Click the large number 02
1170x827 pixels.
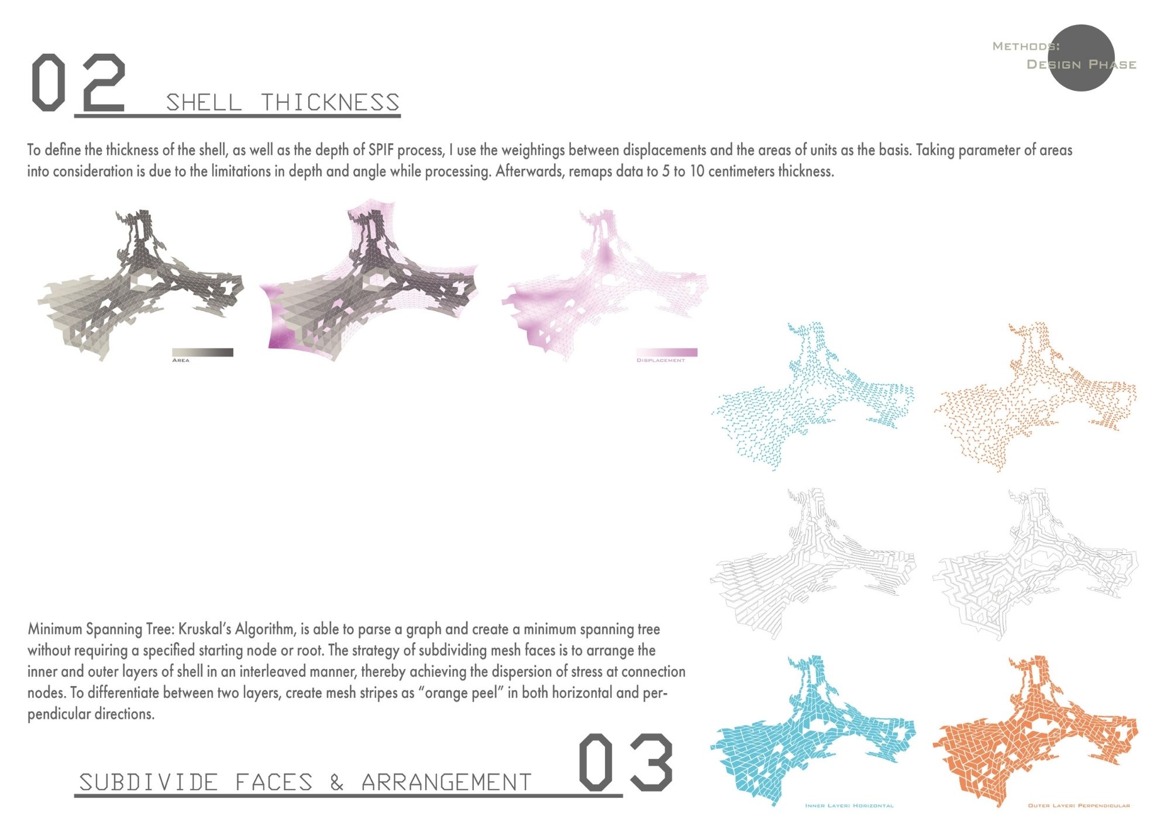click(78, 82)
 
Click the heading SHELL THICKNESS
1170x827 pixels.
click(283, 102)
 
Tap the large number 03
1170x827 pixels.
click(625, 763)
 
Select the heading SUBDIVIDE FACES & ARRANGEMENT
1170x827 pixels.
click(305, 782)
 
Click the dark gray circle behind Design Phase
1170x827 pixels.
click(1081, 58)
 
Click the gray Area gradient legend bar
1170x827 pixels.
click(202, 352)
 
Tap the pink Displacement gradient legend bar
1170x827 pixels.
click(667, 352)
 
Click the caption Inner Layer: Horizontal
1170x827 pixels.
click(849, 806)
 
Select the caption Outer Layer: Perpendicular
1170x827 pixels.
click(1079, 806)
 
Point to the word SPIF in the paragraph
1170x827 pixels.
click(381, 150)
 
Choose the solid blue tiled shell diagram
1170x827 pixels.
click(813, 731)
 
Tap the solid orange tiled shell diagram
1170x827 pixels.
click(1035, 731)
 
